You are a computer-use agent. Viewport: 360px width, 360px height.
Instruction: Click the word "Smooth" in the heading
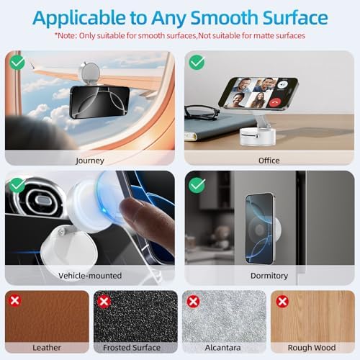pos(224,18)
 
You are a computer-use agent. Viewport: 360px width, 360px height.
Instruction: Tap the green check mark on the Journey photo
pos(17,63)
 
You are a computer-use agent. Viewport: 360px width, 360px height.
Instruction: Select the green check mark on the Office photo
pos(197,63)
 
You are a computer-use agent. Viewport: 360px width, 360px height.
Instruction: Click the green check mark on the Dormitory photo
pos(197,185)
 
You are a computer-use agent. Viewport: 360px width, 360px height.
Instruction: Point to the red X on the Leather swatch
pos(15,300)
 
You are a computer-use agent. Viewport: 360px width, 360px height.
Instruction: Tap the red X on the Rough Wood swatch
pos(282,301)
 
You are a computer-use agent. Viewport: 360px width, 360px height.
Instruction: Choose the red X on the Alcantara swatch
pos(194,301)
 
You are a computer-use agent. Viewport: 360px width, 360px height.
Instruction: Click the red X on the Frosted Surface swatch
pos(104,301)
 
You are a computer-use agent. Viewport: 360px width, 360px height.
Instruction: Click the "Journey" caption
pos(90,161)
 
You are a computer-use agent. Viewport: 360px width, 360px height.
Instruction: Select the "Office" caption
pos(269,161)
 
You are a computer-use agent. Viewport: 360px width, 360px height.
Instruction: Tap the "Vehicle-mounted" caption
pos(90,276)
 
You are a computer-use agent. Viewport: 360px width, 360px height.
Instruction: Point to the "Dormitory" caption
pos(269,276)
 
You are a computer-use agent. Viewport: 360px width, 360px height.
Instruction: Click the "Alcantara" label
pos(222,348)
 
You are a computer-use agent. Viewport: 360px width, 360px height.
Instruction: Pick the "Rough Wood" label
pos(312,348)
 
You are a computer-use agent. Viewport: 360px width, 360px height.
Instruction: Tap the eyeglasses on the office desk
pos(202,113)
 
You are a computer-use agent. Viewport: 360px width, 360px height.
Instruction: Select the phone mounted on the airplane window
pos(99,102)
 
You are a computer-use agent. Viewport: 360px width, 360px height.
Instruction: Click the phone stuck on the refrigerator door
pos(260,228)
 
